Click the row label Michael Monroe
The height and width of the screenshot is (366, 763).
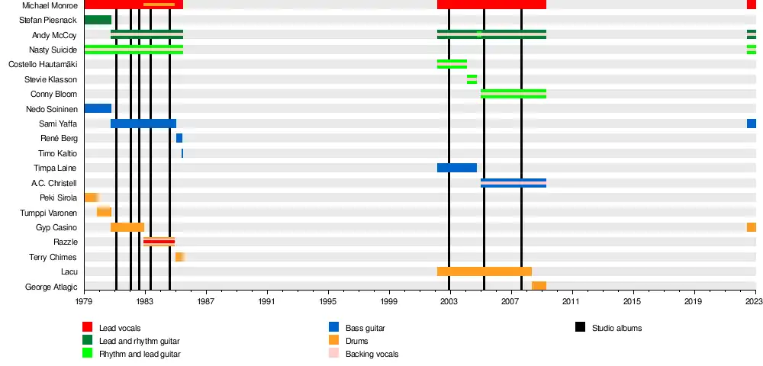coord(50,5)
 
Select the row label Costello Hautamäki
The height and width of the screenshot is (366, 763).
coord(43,64)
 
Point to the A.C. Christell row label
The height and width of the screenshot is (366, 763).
coord(54,183)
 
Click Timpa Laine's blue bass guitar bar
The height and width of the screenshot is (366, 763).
coord(456,168)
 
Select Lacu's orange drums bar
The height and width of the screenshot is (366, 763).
coord(484,271)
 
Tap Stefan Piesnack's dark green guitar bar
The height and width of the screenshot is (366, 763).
coord(98,20)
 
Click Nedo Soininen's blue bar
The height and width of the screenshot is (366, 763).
coord(98,108)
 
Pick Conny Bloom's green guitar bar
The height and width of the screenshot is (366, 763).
coord(513,94)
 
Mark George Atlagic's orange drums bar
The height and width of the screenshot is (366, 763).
coord(539,286)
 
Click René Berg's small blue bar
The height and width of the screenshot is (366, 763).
coord(179,138)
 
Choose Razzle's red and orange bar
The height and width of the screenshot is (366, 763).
coord(159,242)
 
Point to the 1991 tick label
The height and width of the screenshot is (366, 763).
coord(267,302)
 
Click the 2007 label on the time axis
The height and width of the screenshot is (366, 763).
coord(510,302)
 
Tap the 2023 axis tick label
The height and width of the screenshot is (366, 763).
coord(754,302)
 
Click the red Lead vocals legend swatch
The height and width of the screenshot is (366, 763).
coord(88,328)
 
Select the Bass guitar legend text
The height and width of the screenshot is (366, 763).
coord(365,328)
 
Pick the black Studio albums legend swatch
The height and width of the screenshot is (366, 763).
coord(581,328)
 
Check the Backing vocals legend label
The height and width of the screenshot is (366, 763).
coord(372,354)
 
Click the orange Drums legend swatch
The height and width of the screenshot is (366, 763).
coord(334,341)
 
